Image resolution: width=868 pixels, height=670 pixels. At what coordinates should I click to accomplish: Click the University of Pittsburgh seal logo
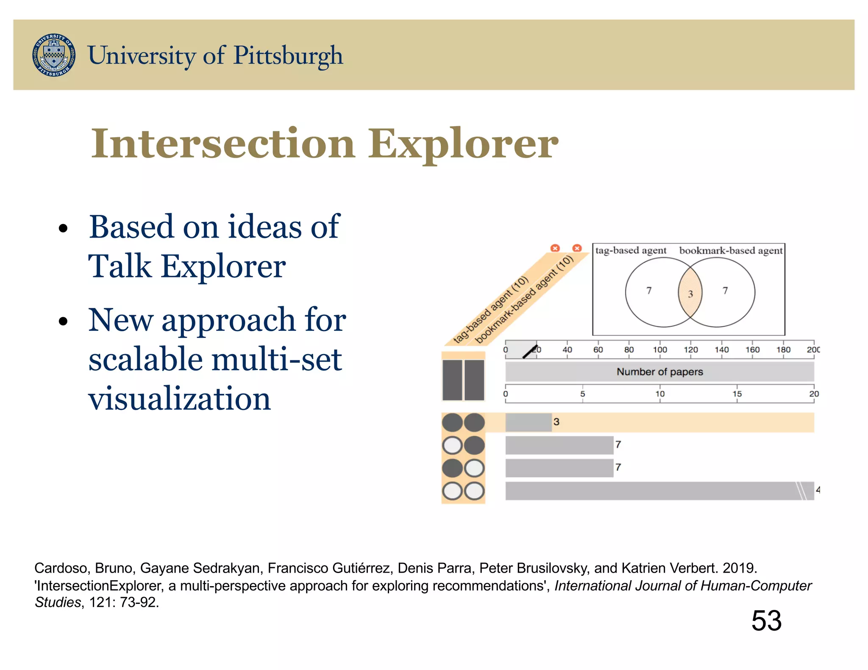click(x=54, y=55)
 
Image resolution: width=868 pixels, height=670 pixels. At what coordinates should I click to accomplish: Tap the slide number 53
click(x=766, y=620)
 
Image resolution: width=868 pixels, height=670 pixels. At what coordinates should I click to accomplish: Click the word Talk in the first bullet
click(x=120, y=266)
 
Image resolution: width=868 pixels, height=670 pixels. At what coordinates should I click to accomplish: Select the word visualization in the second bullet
click(x=179, y=399)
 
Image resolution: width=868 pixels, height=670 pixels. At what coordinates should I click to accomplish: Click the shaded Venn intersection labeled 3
click(x=690, y=293)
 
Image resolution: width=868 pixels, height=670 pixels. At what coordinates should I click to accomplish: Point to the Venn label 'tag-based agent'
click(x=631, y=250)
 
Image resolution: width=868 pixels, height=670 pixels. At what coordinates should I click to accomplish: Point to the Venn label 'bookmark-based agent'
click(x=731, y=250)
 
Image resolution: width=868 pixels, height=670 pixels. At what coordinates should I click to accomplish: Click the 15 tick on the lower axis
click(x=737, y=393)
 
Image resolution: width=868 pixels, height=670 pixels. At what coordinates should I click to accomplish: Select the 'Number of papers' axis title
click(x=659, y=371)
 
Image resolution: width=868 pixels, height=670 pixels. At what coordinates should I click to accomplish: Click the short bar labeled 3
click(x=528, y=422)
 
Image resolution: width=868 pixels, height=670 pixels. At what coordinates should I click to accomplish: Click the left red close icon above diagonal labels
click(x=555, y=248)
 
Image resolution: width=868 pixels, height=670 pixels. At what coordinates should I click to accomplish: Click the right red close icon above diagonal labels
click(x=577, y=248)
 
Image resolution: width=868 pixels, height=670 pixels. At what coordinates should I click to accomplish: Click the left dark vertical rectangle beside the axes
click(x=452, y=380)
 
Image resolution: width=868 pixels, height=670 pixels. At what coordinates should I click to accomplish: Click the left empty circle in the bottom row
click(x=452, y=491)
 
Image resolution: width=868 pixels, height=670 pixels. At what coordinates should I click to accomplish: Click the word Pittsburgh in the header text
click(x=288, y=55)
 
